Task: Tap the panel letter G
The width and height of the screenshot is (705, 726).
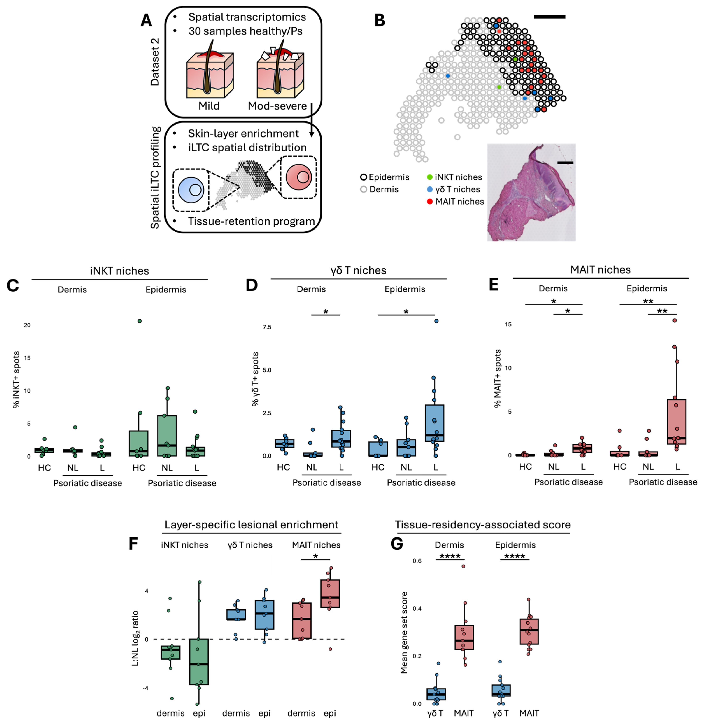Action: point(397,544)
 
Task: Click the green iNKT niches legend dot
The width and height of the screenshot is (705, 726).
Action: point(430,177)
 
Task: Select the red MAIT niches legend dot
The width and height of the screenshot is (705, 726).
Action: point(430,202)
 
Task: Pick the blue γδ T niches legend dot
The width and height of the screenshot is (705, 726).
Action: point(430,189)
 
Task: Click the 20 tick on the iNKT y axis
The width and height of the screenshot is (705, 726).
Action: point(27,325)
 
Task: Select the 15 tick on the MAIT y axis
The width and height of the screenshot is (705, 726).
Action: point(508,324)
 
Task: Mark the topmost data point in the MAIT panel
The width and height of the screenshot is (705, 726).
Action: point(675,320)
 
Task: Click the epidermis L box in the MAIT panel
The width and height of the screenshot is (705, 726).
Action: point(676,422)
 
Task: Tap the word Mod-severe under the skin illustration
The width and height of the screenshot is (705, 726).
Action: point(277,106)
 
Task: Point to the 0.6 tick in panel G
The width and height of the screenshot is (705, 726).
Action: point(417,561)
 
